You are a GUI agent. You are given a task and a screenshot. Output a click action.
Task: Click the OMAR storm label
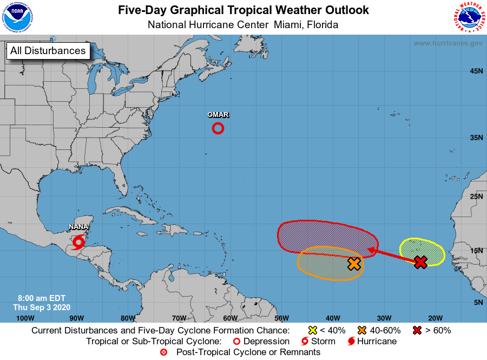(218, 115)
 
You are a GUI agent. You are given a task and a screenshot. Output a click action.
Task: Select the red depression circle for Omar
(218, 128)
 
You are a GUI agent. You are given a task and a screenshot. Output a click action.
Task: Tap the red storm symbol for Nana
(79, 241)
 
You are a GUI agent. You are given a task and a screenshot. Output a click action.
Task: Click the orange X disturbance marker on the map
(354, 264)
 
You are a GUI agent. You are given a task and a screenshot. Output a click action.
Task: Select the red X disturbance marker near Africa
(420, 262)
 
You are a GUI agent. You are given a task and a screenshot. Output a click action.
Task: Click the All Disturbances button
(48, 51)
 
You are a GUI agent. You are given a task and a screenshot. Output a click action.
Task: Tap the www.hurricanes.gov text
(448, 43)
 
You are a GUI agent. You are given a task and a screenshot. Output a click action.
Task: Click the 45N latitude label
(476, 71)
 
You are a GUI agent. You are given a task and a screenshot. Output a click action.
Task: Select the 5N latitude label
(478, 302)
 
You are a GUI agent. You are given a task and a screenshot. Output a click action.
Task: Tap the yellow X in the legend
(312, 330)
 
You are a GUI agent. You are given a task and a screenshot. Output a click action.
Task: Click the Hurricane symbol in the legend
(351, 342)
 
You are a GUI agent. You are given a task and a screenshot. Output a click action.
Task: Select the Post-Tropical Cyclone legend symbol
(164, 352)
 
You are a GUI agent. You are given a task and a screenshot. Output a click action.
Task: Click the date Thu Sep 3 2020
(42, 307)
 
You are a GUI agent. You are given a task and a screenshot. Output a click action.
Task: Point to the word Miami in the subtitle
(289, 25)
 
